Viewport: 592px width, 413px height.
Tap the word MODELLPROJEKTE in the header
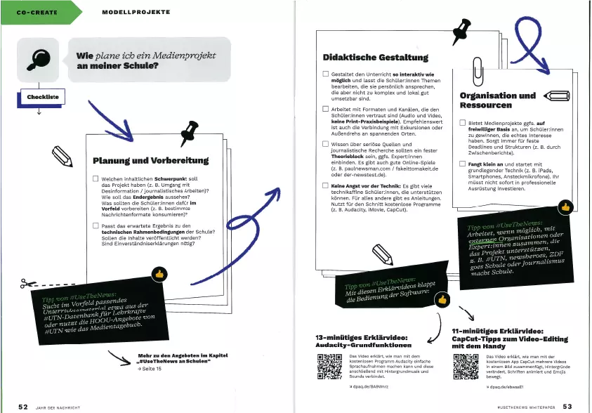132,12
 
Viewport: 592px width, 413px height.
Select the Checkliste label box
42,96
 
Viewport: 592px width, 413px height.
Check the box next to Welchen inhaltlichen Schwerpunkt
96,179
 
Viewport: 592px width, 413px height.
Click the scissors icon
29,284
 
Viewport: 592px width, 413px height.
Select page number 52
23,406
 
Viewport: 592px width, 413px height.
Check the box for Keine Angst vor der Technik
326,185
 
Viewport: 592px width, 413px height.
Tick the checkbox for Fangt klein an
463,164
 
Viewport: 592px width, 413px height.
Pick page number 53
567,406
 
